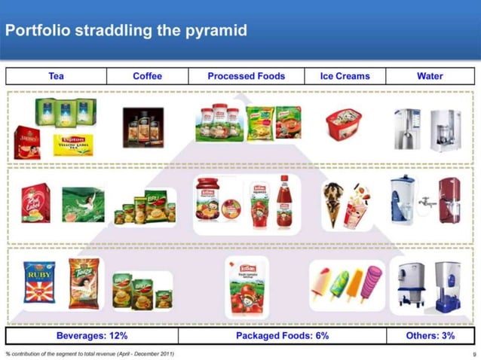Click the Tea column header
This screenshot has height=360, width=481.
click(56, 76)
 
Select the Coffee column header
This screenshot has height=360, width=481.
click(147, 76)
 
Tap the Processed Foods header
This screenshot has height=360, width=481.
click(247, 76)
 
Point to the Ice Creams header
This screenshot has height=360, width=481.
click(345, 76)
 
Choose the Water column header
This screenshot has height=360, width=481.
click(430, 76)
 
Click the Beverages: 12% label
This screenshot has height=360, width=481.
click(92, 336)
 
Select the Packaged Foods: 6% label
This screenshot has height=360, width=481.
click(282, 336)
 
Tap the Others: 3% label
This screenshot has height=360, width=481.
click(430, 336)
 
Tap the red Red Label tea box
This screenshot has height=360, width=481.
click(35, 202)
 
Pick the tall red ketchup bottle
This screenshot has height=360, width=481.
click(284, 201)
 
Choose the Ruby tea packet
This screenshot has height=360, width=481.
click(38, 282)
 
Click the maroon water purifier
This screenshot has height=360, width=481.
click(449, 201)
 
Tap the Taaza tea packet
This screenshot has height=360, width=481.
click(82, 281)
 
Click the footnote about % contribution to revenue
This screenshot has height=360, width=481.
click(90, 354)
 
